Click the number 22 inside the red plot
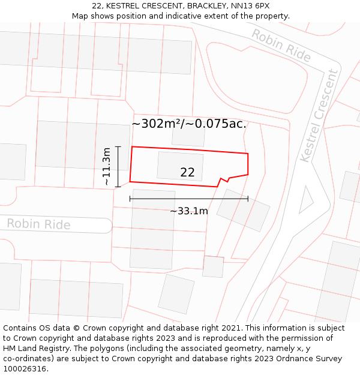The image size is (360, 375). (187, 172)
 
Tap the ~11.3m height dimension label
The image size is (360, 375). (106, 167)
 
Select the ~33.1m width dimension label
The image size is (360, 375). (188, 211)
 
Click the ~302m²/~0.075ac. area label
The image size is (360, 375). (189, 124)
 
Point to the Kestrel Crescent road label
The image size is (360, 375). (319, 115)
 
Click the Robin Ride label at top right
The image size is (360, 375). (281, 45)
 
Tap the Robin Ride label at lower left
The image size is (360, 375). (38, 224)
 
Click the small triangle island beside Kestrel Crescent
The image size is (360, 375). (305, 200)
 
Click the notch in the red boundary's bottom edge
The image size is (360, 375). (223, 180)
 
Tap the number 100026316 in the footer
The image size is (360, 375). (25, 369)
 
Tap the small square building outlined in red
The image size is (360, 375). (213, 266)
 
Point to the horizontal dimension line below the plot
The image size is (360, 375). (188, 199)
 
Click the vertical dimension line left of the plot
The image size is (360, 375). (118, 167)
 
